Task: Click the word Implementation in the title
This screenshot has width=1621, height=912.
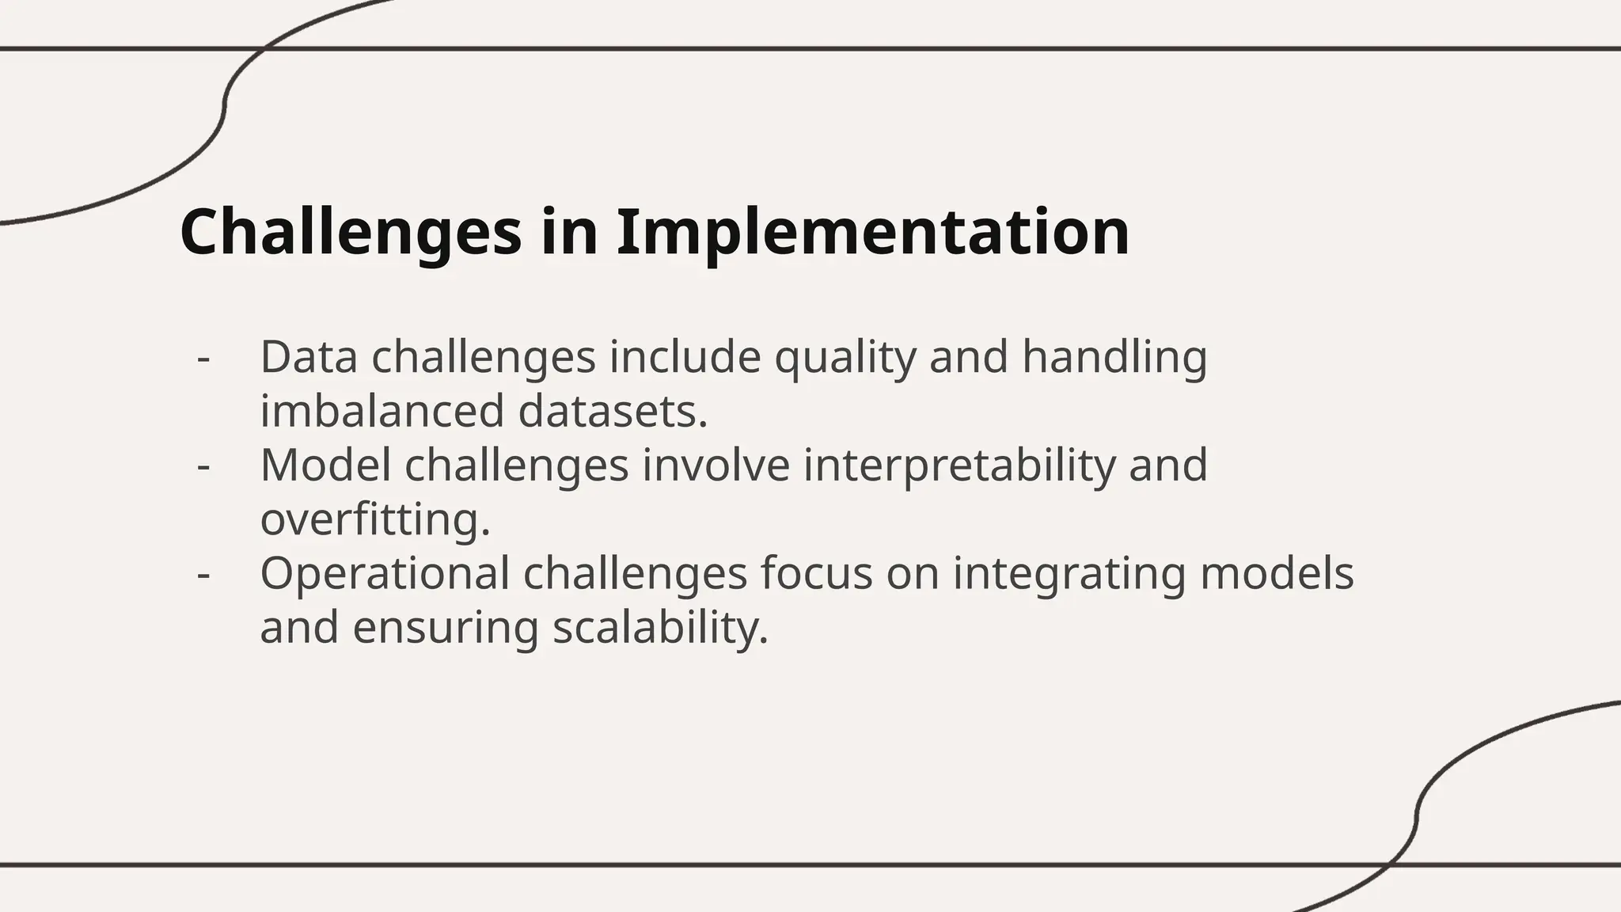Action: tap(872, 232)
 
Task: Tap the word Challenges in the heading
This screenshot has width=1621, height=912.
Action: tap(351, 232)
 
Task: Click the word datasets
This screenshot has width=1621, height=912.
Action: tap(613, 411)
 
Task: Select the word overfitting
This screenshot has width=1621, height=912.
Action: tap(375, 519)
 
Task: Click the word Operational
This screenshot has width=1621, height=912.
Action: tap(385, 573)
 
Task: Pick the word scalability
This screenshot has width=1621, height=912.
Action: tap(660, 627)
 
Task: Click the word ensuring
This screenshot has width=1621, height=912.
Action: tap(445, 627)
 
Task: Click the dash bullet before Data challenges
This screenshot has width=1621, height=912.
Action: tap(203, 359)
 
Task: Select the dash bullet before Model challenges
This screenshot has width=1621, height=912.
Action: tap(203, 466)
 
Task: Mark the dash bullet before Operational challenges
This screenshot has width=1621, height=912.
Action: tap(203, 575)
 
